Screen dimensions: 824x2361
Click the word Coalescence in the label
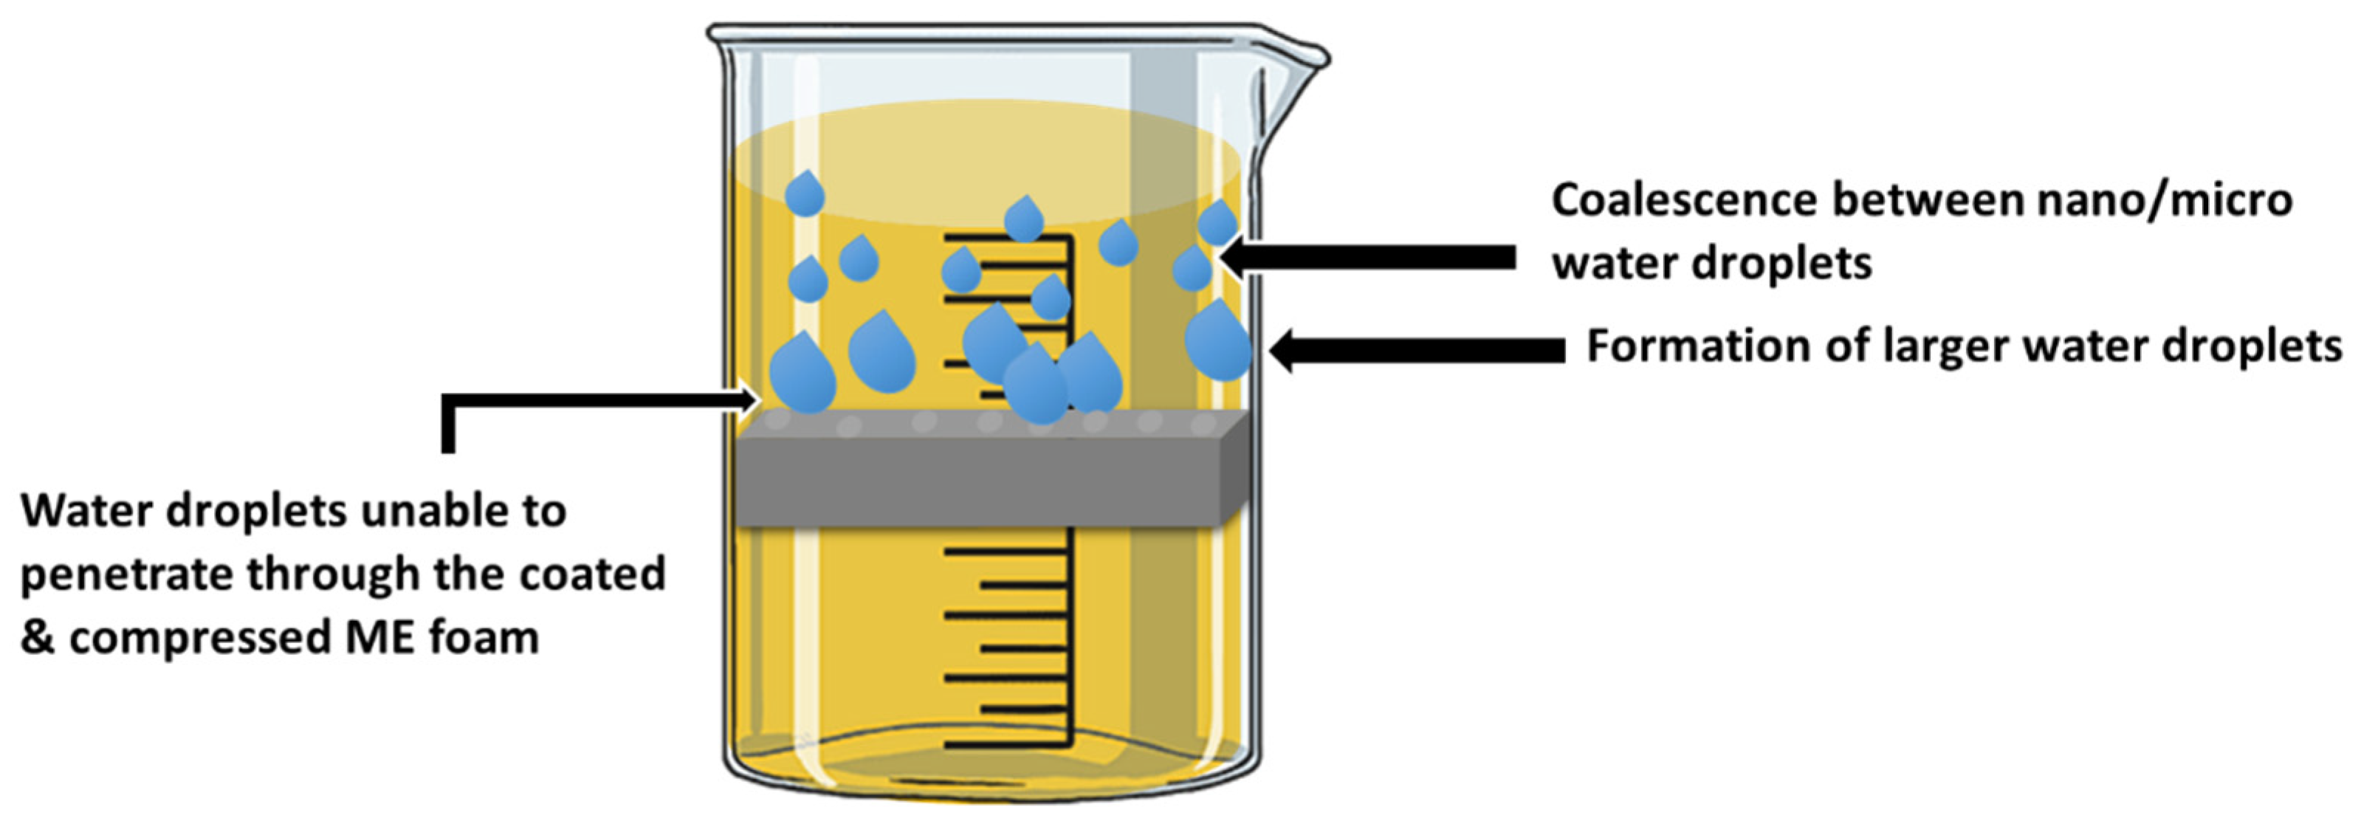(x=1683, y=201)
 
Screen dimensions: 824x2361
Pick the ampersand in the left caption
(x=37, y=638)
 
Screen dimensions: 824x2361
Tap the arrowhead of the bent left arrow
(x=748, y=399)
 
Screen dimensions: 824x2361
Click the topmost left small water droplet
(x=805, y=194)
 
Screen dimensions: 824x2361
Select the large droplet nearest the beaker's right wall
(x=1217, y=341)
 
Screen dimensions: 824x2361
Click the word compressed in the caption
(x=202, y=638)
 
